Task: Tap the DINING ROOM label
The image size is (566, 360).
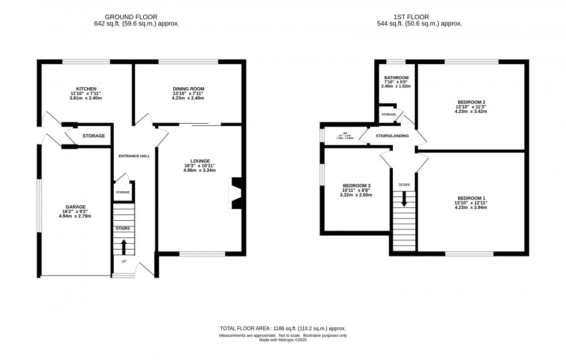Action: coord(188,88)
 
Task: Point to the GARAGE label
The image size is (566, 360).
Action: coord(75,206)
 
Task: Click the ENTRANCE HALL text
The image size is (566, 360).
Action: coord(134,156)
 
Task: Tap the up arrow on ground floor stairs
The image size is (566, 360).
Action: coord(124,246)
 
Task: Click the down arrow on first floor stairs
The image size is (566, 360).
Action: coord(404,199)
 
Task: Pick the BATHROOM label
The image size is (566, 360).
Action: coord(396,77)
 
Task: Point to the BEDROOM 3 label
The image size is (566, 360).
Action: coord(356,185)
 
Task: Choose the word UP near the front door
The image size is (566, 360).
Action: coord(124,261)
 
